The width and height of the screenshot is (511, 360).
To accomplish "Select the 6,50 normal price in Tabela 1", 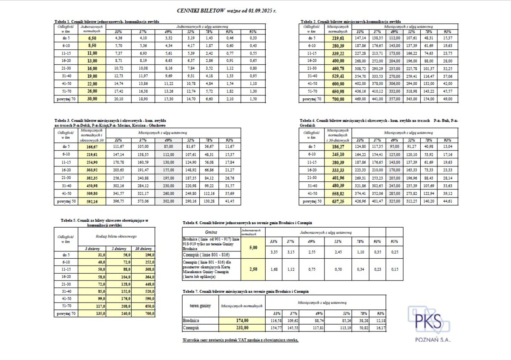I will coord(93,38).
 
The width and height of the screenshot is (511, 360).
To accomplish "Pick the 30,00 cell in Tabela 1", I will coord(93,99).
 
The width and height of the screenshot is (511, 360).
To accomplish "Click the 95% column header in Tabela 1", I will coord(253,32).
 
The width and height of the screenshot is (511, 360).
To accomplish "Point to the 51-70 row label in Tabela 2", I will coord(309,91).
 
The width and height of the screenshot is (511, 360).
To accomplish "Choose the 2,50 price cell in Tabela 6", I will coord(253,269).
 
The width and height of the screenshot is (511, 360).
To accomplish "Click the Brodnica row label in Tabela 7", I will coord(191,320).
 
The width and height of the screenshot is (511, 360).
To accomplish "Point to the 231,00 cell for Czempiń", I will coord(242,328).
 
